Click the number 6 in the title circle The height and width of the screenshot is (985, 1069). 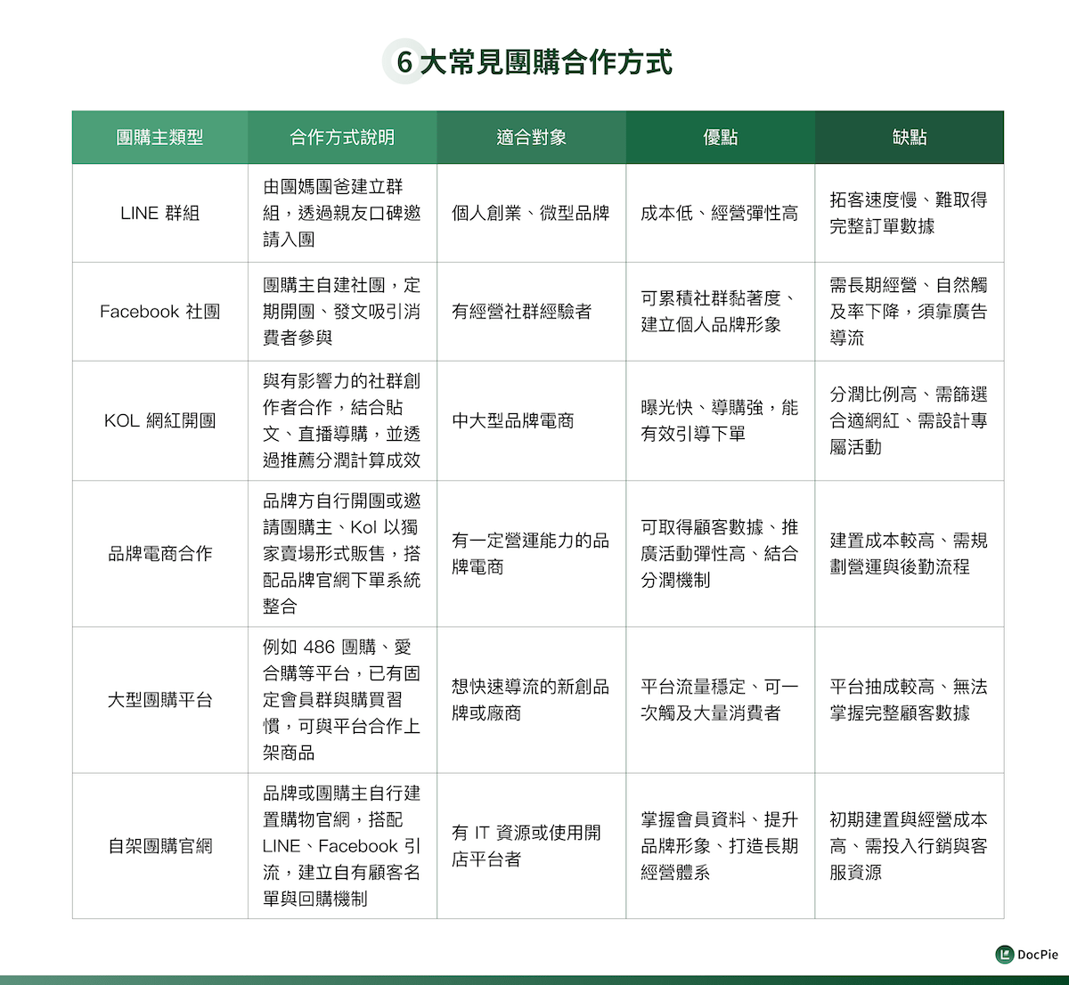(404, 62)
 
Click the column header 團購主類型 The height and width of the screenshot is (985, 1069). (160, 137)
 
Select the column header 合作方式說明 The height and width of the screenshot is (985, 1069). (342, 137)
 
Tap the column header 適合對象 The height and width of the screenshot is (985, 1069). (531, 137)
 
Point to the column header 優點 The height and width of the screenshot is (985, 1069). (720, 137)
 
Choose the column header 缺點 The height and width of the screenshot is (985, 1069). (910, 137)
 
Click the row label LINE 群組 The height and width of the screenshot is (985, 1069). (160, 213)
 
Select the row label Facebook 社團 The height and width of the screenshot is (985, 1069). (160, 312)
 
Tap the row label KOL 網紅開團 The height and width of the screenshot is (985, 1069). (160, 420)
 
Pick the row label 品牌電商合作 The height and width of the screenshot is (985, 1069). (160, 553)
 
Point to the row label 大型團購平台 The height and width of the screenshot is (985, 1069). (160, 700)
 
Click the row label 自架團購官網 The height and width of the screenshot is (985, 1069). (160, 846)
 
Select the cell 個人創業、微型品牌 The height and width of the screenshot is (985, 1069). (531, 213)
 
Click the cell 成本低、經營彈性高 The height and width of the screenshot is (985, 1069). (720, 213)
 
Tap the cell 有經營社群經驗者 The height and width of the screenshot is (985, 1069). (522, 312)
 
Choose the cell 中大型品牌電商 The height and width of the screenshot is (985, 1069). (513, 420)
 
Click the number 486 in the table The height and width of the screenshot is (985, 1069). (319, 647)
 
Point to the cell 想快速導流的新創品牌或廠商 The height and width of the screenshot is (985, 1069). (531, 700)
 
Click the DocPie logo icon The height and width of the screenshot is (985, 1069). (1005, 955)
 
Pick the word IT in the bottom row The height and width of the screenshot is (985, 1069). (482, 833)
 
